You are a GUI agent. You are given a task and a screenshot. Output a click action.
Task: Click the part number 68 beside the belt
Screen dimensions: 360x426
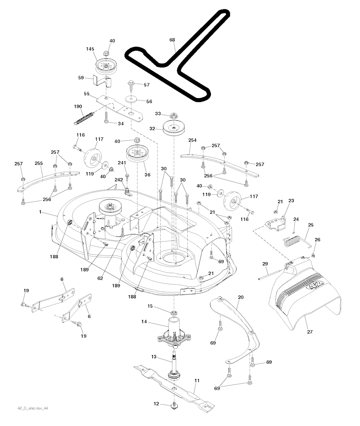tap(172, 40)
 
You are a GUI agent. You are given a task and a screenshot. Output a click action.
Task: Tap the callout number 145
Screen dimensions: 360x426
tap(90, 49)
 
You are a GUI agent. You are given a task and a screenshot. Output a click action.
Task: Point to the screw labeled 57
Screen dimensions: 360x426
tap(131, 86)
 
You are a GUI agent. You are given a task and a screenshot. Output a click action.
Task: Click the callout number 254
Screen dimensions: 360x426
tap(192, 140)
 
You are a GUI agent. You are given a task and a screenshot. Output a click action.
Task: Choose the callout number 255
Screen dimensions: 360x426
tap(39, 163)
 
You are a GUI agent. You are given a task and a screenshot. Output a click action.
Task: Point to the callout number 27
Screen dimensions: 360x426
tap(310, 332)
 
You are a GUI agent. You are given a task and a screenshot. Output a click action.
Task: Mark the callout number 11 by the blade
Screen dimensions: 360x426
tap(197, 381)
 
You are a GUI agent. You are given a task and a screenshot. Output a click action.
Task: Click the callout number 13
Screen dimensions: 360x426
tap(154, 356)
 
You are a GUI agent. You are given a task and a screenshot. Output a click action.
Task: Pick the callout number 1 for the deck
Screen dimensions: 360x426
tap(40, 212)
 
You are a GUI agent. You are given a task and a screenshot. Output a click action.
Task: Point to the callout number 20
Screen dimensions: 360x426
tap(241, 297)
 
